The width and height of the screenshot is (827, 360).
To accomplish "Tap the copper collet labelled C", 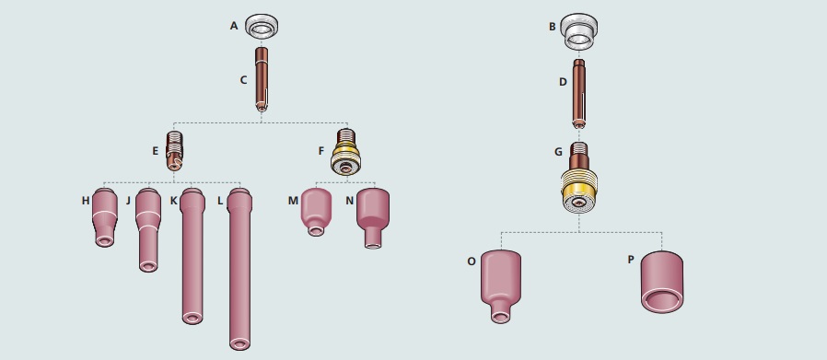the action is coord(261,79).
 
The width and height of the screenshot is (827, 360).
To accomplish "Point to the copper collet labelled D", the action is coord(578,94).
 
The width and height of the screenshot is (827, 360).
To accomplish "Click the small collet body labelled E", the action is coord(175,151).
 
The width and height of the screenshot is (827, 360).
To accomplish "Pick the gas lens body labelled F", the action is coord(345,152).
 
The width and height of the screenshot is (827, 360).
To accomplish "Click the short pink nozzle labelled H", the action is coord(104,217).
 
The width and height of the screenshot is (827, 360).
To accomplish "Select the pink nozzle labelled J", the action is coord(148,230).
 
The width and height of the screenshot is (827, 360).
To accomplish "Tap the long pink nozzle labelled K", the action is coord(192,256).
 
